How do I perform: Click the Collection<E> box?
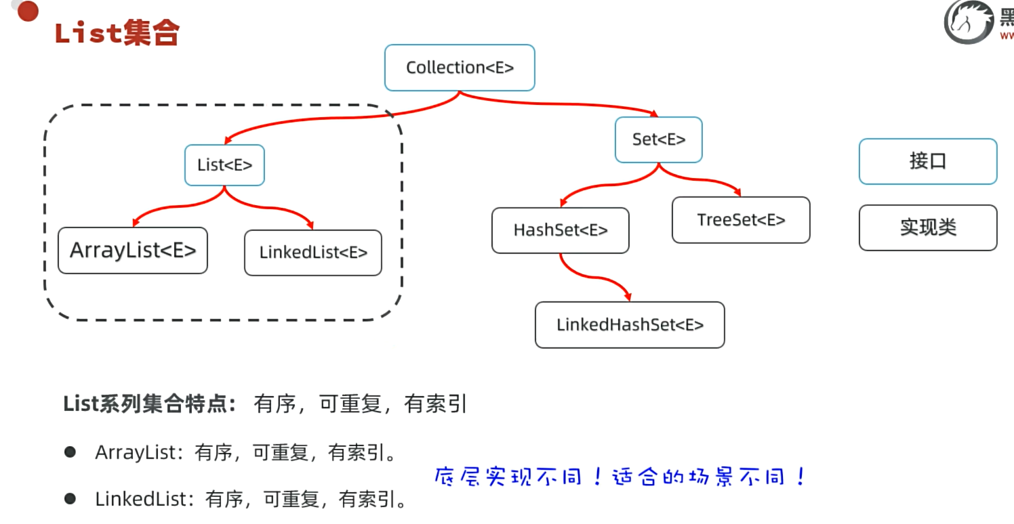tap(460, 68)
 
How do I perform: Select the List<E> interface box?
tap(224, 165)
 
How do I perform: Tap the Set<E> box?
tap(658, 139)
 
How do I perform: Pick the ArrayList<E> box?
tap(133, 250)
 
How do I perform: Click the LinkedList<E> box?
tap(313, 253)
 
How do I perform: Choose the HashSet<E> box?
tap(561, 230)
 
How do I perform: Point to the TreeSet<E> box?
tap(741, 220)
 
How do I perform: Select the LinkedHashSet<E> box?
tap(630, 325)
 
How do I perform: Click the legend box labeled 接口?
tap(928, 161)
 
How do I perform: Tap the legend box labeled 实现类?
tap(928, 227)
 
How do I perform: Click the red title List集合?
tap(116, 32)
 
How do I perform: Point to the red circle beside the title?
tap(28, 11)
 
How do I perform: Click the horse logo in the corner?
tap(968, 22)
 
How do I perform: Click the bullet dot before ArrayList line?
tap(70, 452)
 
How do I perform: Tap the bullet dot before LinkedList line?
tap(70, 500)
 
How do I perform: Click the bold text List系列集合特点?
tap(149, 404)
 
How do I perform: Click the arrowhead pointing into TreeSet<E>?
tap(737, 192)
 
